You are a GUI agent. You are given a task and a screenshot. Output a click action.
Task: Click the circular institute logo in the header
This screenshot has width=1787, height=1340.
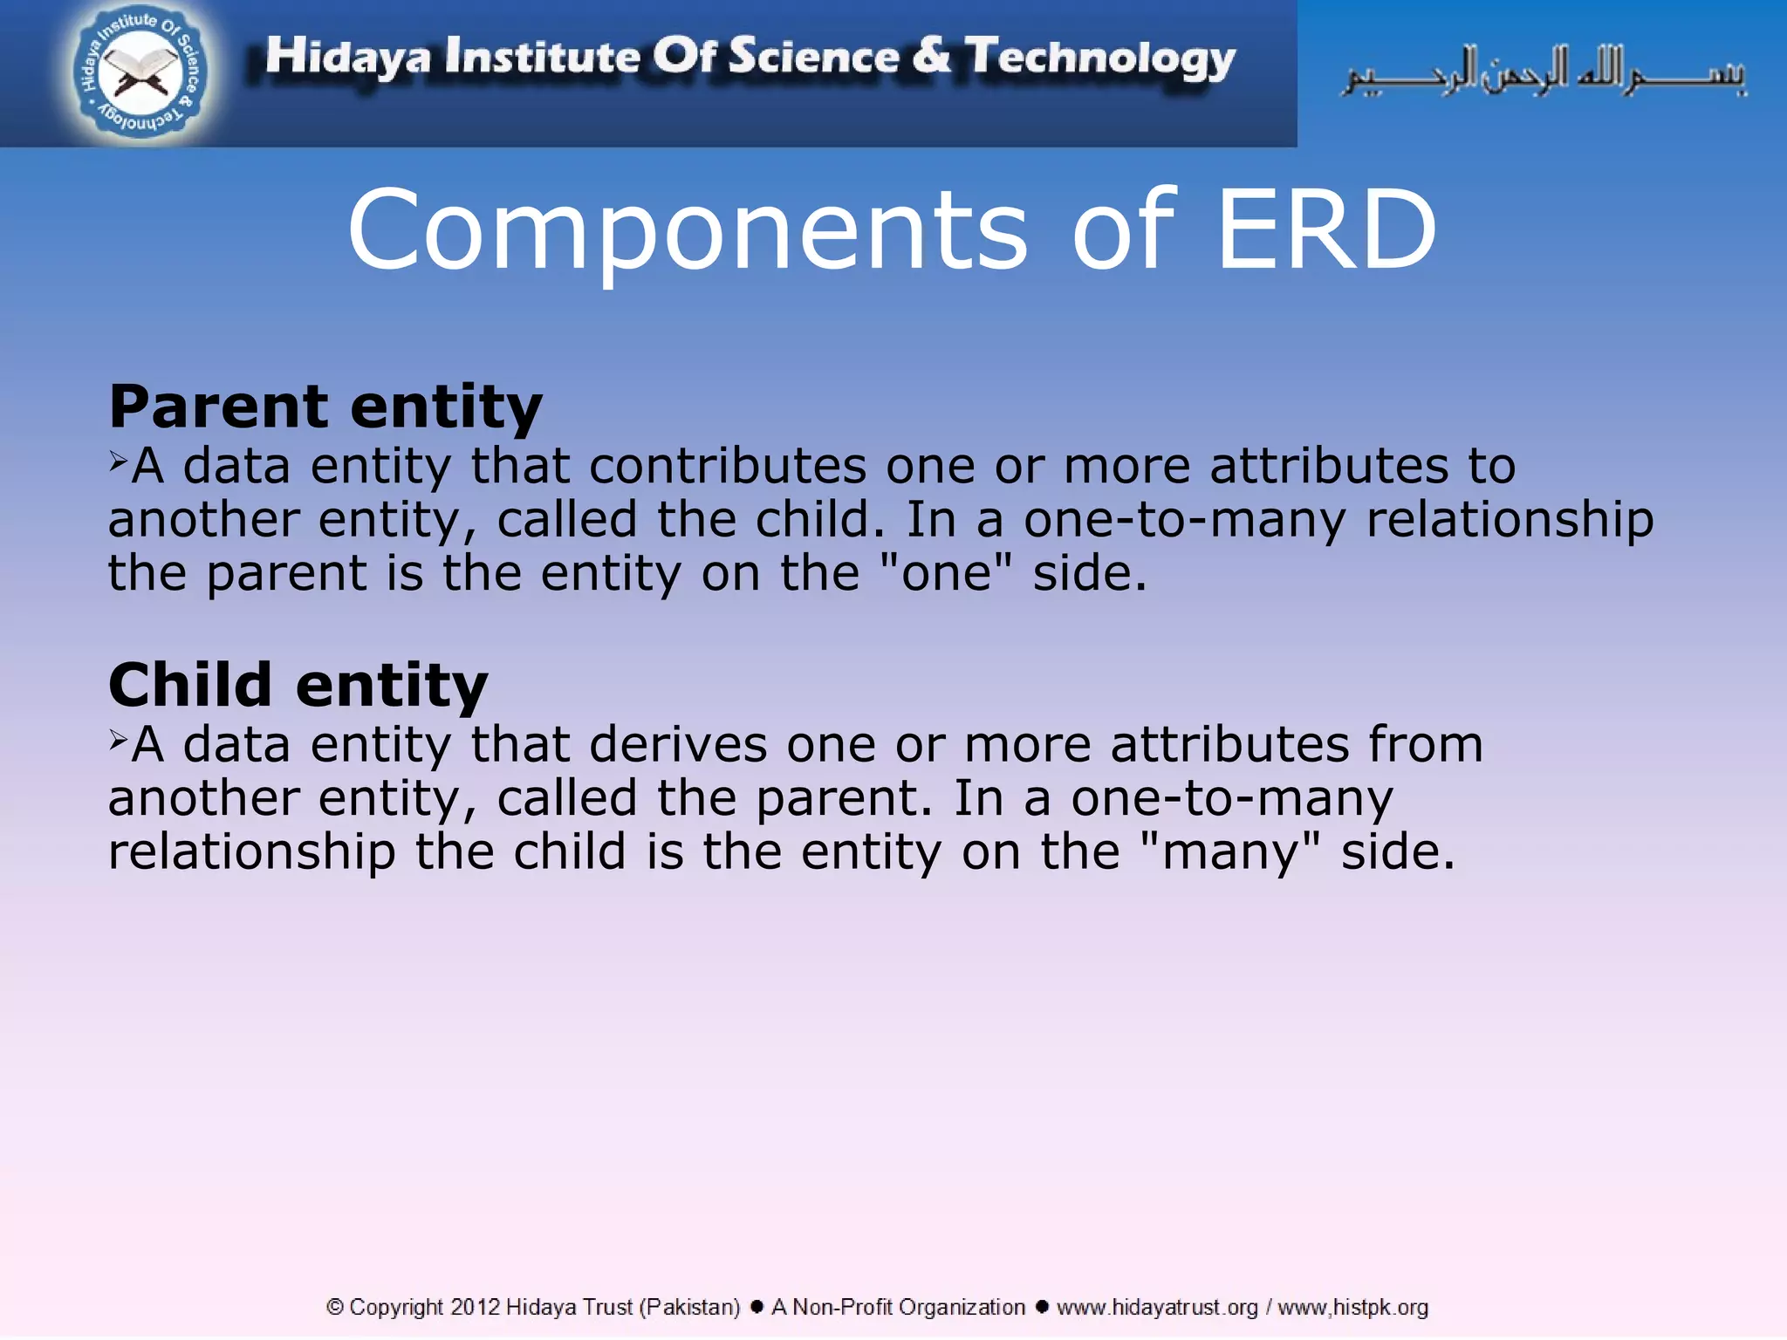click(x=140, y=73)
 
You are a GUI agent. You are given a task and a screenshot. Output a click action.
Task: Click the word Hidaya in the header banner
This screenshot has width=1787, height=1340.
click(x=347, y=58)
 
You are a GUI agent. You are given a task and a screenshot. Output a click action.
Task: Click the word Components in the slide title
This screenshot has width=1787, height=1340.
click(x=688, y=230)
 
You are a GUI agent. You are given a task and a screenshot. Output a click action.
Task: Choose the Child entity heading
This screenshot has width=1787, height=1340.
click(x=298, y=685)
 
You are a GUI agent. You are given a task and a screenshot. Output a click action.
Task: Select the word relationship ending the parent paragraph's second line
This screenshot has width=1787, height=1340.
click(x=1509, y=520)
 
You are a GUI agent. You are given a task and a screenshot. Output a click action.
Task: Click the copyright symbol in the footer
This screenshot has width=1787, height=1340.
click(x=334, y=1307)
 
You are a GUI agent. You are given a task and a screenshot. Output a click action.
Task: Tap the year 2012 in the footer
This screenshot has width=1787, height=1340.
click(x=475, y=1307)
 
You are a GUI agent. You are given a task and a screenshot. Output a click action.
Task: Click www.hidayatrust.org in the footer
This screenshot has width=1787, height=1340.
click(x=1157, y=1307)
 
